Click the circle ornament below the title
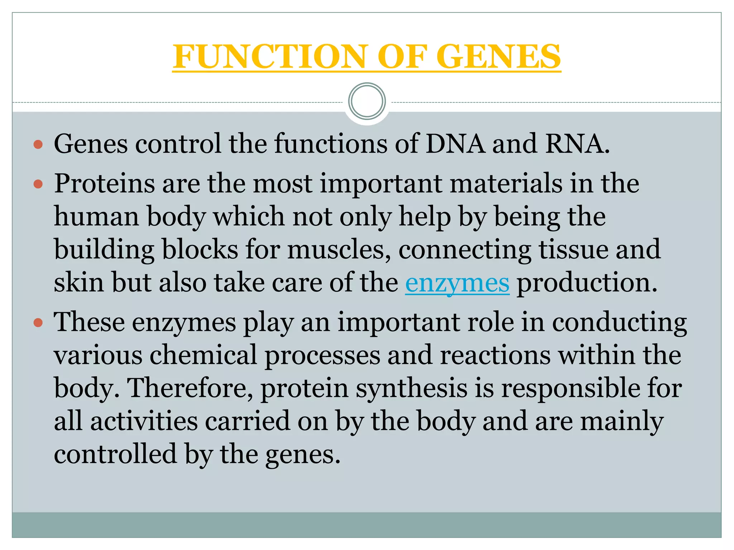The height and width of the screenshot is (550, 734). [x=367, y=101]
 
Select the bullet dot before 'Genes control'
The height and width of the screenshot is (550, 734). [x=38, y=145]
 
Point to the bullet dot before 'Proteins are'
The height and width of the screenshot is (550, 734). [x=38, y=185]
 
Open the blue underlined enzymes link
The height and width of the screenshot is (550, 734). [x=457, y=283]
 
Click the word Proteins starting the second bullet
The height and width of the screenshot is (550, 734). [x=104, y=184]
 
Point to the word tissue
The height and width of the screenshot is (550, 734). [x=573, y=250]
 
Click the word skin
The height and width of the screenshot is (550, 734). [x=79, y=283]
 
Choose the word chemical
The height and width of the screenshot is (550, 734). [x=203, y=355]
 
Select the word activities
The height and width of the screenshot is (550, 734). [x=144, y=421]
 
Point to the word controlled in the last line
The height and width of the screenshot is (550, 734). [x=115, y=454]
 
